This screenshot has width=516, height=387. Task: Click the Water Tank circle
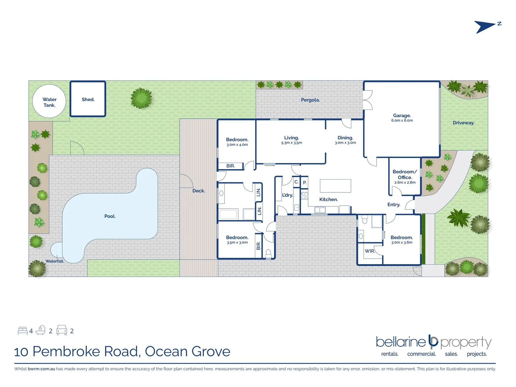tap(49, 102)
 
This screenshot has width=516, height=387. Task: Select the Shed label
tap(88, 100)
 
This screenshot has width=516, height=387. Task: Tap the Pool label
tap(110, 216)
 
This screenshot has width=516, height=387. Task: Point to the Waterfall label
tap(55, 261)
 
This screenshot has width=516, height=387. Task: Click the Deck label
tap(199, 191)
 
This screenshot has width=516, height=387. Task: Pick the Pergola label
tap(310, 100)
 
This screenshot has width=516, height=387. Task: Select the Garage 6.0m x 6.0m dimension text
tap(402, 121)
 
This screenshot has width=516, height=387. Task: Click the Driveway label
tap(463, 123)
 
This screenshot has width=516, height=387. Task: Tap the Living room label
tap(292, 138)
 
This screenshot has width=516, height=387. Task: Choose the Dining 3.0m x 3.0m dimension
tap(345, 143)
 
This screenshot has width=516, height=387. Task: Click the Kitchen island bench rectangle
tap(335, 186)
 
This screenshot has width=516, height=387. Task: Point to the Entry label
tap(394, 205)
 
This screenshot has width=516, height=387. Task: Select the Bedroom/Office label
tap(404, 175)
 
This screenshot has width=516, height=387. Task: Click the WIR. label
tap(370, 251)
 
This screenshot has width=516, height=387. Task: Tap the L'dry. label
tap(287, 195)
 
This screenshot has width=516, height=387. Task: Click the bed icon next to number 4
tap(23, 331)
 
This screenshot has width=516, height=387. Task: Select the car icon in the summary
tap(62, 330)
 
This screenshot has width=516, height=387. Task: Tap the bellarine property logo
tap(434, 342)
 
